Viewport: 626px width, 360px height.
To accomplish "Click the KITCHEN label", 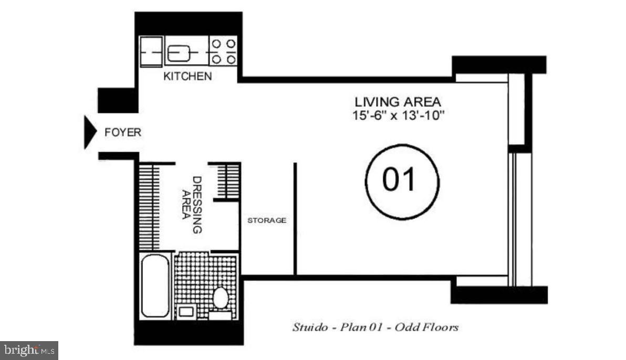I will (187, 76).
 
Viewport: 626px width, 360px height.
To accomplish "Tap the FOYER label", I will (122, 132).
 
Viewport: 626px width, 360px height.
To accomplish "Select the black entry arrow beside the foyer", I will (91, 132).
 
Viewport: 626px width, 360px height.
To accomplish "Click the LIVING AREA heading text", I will (398, 101).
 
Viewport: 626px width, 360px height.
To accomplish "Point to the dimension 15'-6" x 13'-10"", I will (399, 115).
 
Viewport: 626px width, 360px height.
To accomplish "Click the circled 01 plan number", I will (402, 180).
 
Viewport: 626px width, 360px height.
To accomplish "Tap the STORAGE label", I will (267, 220).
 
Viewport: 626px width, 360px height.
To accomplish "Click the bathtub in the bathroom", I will (155, 287).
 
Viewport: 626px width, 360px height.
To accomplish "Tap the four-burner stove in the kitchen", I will (224, 51).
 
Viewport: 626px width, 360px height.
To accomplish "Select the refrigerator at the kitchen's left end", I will (150, 52).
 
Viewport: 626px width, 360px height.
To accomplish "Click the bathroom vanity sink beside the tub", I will (185, 311).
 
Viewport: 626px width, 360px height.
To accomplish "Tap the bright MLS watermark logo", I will (29, 350).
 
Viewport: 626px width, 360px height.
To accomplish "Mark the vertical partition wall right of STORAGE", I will (295, 218).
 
